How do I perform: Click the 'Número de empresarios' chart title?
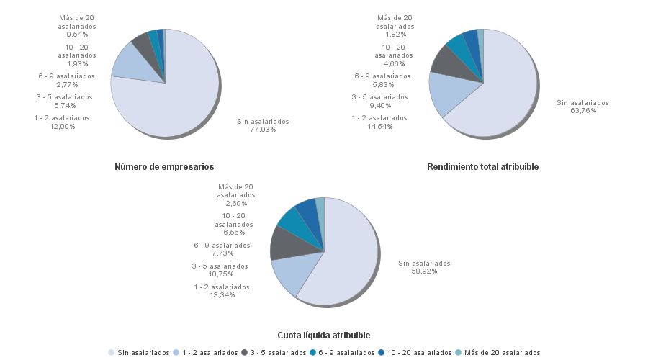tap(164, 167)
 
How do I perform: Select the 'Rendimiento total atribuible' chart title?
tap(482, 167)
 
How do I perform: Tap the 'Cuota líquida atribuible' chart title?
tap(324, 336)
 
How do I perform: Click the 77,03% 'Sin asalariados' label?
tap(263, 125)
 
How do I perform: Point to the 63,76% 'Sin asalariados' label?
tap(582, 107)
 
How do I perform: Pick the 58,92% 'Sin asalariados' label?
tap(424, 267)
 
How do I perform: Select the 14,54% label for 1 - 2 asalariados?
tap(379, 122)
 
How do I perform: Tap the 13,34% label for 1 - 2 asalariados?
tap(221, 291)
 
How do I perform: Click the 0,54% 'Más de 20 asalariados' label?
tap(77, 26)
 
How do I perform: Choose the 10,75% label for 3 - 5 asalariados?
tap(220, 270)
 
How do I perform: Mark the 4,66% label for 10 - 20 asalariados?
tap(394, 50)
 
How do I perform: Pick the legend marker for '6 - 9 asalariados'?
tap(313, 353)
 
